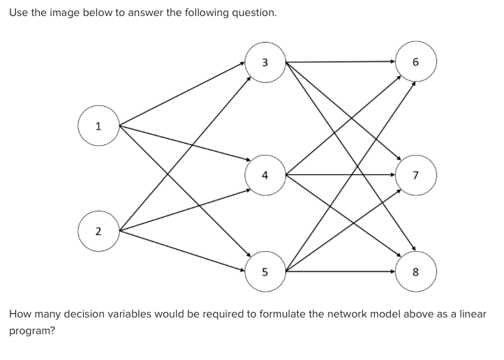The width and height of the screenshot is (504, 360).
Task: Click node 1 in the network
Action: pos(98,126)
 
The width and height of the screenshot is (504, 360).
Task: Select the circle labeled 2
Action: pos(98,230)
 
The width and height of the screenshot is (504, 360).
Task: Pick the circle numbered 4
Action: pos(265,174)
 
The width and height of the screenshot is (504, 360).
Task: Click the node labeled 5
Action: pos(265,271)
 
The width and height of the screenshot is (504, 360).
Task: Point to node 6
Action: pos(416,62)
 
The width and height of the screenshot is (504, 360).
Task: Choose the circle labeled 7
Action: pos(416,174)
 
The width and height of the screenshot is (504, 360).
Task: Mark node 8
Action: pos(416,271)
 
